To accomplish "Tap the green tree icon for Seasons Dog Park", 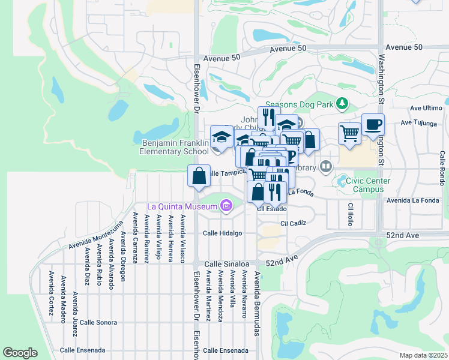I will [342, 104].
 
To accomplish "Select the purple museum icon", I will [226, 207].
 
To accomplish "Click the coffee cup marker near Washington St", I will [373, 125].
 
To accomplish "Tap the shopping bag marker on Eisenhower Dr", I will [199, 176].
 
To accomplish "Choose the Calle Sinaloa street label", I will [226, 263].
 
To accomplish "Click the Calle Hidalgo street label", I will [222, 233].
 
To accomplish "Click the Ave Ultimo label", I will [426, 108].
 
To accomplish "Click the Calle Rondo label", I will [442, 167].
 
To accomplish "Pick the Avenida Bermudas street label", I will [257, 303].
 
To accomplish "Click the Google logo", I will [20, 353].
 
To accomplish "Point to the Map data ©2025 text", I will [424, 355].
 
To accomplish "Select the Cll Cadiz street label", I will [293, 223].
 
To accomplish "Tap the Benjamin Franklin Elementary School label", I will [175, 148].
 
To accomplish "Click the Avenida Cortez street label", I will [51, 290].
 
